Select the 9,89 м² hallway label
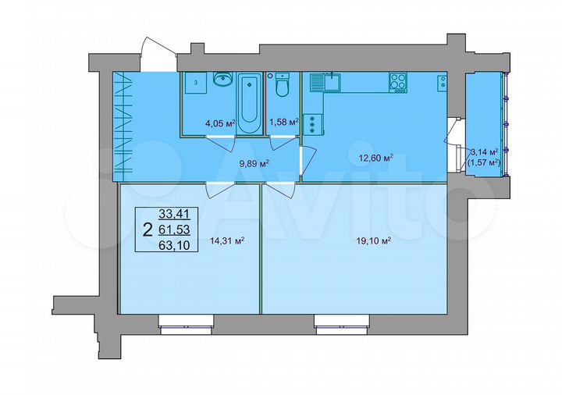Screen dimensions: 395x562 [x=254, y=163]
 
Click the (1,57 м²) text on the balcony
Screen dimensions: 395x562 [x=483, y=162]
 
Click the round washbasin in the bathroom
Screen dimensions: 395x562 [x=223, y=79]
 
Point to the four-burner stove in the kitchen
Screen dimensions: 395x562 [x=398, y=82]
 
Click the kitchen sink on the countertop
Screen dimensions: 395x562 [x=333, y=80]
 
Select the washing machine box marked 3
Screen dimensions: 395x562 [x=196, y=83]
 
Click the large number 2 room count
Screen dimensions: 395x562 [x=148, y=229]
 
